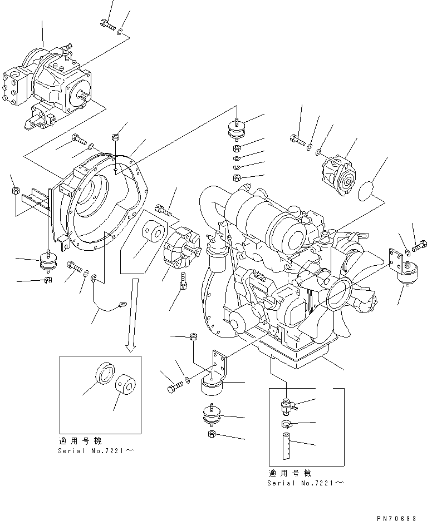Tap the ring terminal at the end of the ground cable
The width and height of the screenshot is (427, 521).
(x=121, y=304)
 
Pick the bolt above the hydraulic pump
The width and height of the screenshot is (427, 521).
(x=108, y=24)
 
